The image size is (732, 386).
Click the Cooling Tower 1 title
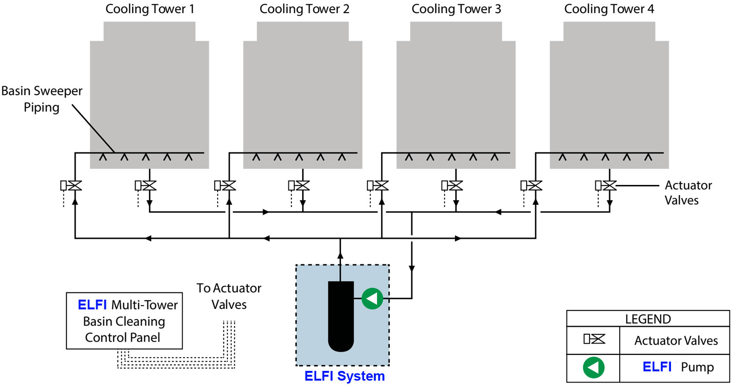tap(149, 9)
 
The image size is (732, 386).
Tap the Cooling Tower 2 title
tap(305, 9)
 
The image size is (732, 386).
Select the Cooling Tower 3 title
tap(456, 9)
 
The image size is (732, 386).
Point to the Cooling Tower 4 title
tap(609, 9)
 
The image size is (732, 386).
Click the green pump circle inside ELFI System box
tap(372, 298)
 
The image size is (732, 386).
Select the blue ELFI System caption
tap(345, 376)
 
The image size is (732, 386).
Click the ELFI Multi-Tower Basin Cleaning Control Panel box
tap(124, 321)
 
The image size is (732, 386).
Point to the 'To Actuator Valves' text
tap(229, 296)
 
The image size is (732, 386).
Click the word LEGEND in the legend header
tap(648, 320)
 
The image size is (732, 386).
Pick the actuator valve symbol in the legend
tap(594, 340)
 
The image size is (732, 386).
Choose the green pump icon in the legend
tap(593, 367)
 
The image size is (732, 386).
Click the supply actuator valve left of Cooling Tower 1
tap(75, 185)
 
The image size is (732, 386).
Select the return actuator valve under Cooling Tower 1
tap(149, 185)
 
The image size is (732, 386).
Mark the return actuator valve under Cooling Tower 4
tap(610, 185)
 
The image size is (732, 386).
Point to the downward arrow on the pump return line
tap(412, 268)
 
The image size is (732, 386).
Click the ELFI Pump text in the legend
tap(678, 367)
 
